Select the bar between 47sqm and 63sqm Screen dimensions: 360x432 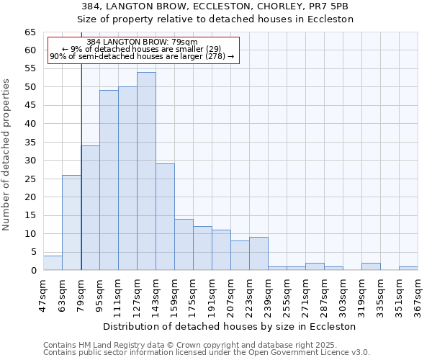(x=53, y=263)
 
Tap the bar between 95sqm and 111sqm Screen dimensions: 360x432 (x=109, y=180)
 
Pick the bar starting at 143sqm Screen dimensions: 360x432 (x=165, y=217)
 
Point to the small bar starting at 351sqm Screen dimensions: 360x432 (x=408, y=268)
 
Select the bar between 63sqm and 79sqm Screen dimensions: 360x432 (x=71, y=222)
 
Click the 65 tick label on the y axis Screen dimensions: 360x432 (x=30, y=32)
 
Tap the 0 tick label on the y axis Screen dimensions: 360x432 (x=32, y=271)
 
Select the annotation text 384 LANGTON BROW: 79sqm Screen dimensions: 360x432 (x=142, y=42)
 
